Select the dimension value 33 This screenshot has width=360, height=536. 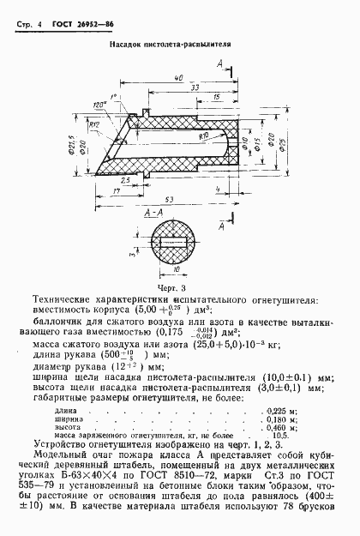tap(195, 87)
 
